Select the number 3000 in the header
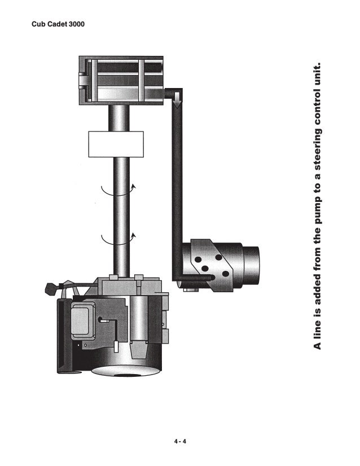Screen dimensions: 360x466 pyautogui.click(x=76, y=24)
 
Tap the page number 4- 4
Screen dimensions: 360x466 pyautogui.click(x=180, y=441)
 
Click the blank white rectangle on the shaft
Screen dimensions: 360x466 pyautogui.click(x=116, y=144)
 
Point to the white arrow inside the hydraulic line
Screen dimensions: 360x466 pyautogui.click(x=177, y=100)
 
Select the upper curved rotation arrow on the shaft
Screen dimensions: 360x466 pyautogui.click(x=118, y=193)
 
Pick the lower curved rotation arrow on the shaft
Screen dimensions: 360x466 pyautogui.click(x=118, y=242)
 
